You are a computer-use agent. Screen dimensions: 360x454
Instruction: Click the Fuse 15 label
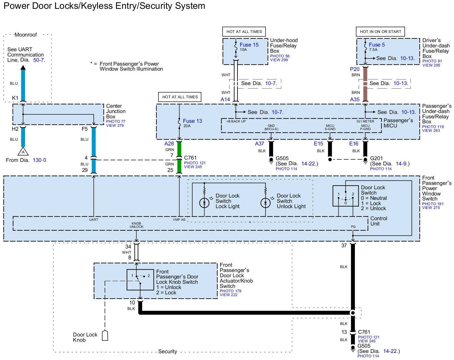coord(249,45)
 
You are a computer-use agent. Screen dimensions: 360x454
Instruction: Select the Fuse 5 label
coord(377,45)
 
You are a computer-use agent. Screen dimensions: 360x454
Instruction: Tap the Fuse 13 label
coord(192,121)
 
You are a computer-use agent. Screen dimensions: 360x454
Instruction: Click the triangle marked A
coord(23,152)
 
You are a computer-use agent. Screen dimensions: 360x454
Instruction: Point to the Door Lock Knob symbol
coord(105,335)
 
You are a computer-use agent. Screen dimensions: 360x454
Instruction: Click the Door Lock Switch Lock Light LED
coord(204,203)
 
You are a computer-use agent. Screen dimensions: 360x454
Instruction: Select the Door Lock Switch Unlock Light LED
coord(265,203)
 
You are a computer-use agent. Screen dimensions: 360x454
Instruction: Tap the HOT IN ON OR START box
coord(380,31)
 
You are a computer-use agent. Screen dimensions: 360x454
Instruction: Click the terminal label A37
coord(260,144)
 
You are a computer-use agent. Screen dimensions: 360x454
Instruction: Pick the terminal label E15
coord(318,144)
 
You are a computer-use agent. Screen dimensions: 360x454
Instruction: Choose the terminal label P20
coord(355,69)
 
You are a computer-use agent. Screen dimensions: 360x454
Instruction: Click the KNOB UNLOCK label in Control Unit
coord(137,225)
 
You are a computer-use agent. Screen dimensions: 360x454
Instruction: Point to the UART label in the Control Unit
coord(94,220)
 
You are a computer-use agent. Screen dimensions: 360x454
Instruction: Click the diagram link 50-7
coord(39,60)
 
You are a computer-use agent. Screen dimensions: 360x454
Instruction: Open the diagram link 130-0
coord(41,160)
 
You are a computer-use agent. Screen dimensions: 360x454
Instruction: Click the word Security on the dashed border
coord(167,351)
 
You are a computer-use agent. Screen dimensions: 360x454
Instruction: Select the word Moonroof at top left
coord(26,35)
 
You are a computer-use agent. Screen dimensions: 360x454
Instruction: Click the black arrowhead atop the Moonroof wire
coord(23,67)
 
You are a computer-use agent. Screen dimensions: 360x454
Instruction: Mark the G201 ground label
coord(376,159)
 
